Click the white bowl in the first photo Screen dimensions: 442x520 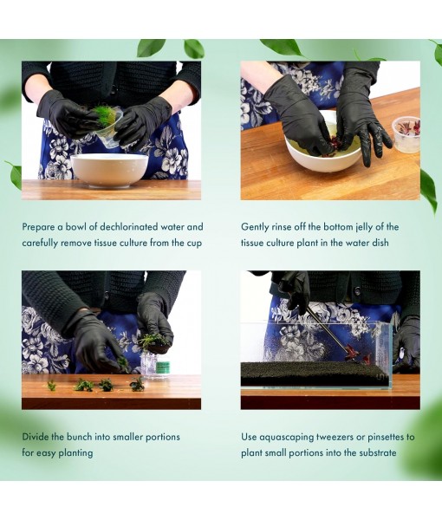pos(110,171)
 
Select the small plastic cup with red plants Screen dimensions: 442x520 pos(406,134)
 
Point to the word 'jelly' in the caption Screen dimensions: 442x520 pos(364,227)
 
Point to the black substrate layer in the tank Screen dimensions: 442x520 pos(315,374)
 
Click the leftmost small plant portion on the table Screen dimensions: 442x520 pos(51,386)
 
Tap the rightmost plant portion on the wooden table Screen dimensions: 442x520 pos(137,384)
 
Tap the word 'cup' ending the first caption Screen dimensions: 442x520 pos(194,244)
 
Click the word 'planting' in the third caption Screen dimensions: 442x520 pos(75,453)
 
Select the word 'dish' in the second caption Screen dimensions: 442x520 pos(380,243)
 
